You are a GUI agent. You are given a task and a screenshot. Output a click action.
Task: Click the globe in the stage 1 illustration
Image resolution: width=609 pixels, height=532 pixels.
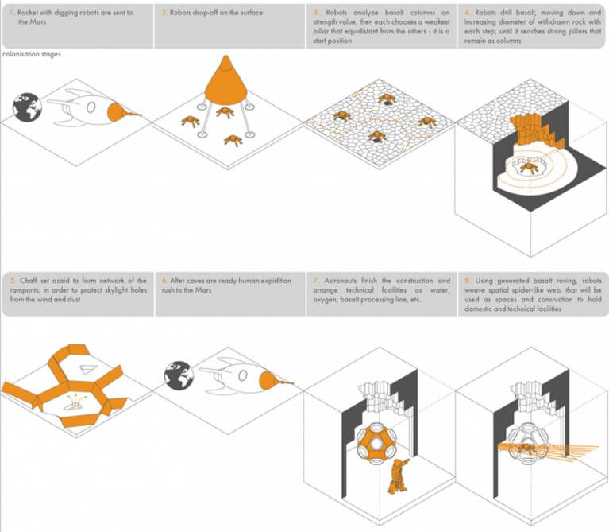(27, 107)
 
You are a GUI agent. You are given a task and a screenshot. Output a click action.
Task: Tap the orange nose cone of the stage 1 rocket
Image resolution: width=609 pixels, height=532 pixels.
(116, 112)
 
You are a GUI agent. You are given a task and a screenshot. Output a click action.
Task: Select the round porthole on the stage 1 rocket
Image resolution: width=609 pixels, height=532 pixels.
(91, 107)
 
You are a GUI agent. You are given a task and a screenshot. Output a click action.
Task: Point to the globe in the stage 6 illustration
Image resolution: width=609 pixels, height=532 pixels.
(179, 375)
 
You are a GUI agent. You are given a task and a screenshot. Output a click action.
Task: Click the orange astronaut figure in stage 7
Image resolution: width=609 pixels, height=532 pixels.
(398, 476)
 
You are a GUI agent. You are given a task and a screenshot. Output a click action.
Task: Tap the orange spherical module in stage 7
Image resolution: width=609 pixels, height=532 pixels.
(376, 444)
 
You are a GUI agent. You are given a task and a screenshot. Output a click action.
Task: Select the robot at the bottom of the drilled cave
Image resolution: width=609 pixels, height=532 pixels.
(529, 167)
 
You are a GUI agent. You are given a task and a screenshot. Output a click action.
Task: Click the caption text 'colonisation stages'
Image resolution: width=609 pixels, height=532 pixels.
(32, 54)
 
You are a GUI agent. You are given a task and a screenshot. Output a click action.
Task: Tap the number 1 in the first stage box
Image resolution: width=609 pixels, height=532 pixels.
(12, 13)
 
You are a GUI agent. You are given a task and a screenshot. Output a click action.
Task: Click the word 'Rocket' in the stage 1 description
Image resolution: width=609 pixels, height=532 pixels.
(28, 13)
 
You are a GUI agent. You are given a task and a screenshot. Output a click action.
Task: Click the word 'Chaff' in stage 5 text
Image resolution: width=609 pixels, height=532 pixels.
(29, 281)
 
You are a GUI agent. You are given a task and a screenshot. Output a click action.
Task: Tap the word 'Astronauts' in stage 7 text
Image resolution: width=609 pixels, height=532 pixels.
(340, 281)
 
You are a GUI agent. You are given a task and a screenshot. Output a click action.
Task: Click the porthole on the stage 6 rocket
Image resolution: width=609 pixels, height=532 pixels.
(243, 375)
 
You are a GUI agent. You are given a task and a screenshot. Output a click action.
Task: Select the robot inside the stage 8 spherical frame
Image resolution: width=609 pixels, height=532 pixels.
(527, 448)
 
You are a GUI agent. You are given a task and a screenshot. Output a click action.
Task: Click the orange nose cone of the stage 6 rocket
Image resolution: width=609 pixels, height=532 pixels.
(268, 381)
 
